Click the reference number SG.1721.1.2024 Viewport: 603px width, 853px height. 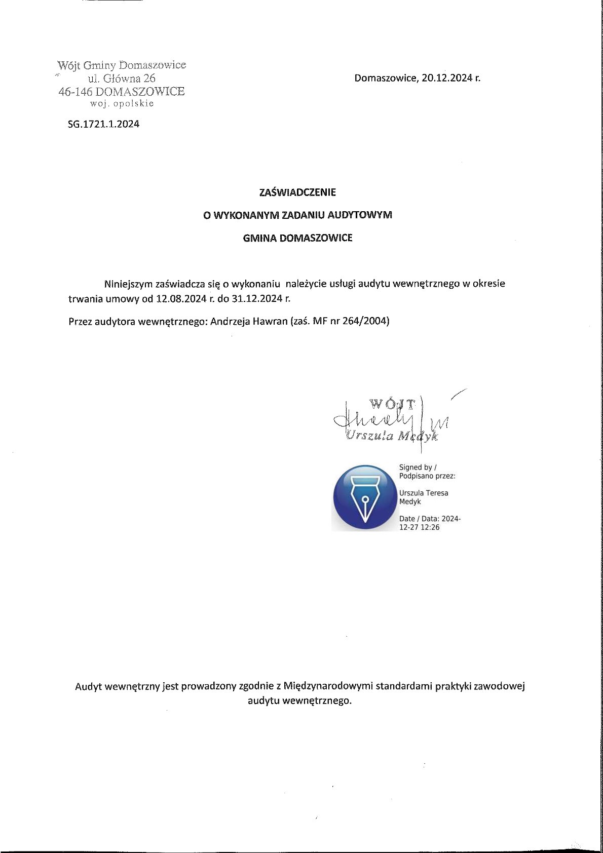pos(103,124)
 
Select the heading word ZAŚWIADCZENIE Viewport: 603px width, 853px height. pos(297,192)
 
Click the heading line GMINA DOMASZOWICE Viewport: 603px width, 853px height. pos(297,238)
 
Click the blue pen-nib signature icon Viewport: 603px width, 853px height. pos(364,497)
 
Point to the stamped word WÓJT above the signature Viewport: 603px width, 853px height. pos(393,404)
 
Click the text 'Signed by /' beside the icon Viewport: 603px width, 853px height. pos(418,468)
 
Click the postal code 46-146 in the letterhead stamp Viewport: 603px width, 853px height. pos(76,92)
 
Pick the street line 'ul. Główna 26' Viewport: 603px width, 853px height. pos(122,79)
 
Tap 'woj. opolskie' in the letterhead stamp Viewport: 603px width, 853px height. pos(122,104)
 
